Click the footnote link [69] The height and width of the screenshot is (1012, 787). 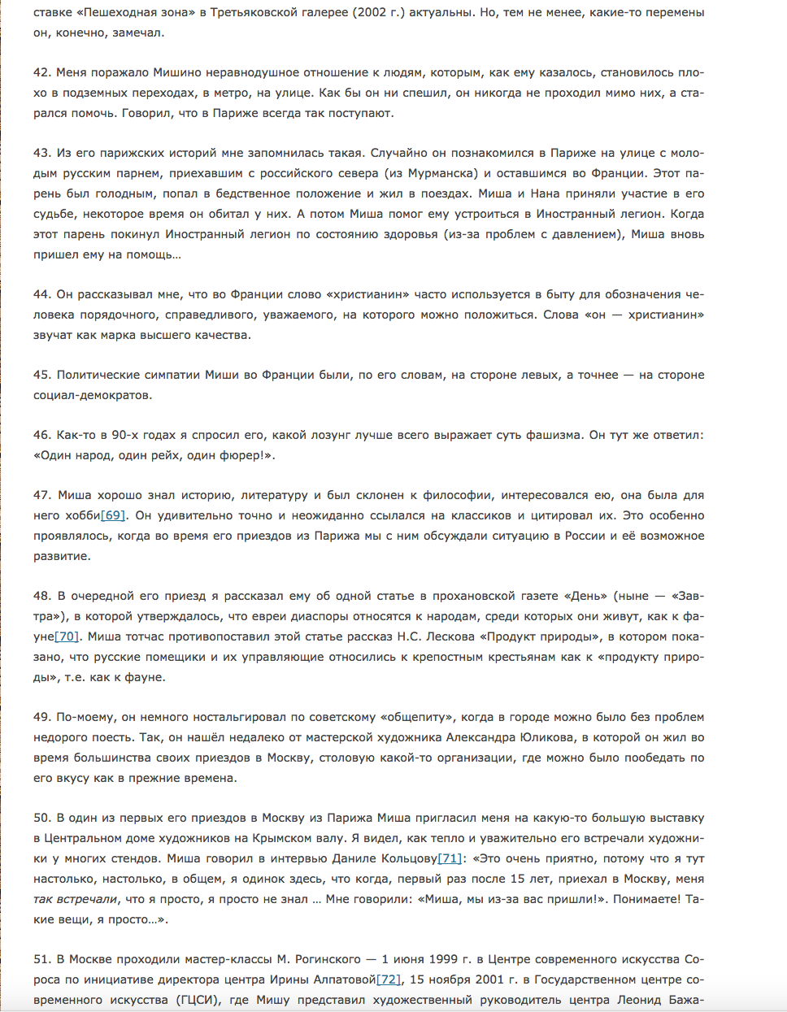(113, 515)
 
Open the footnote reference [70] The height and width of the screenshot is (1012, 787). (67, 636)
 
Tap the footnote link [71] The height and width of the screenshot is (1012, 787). (450, 858)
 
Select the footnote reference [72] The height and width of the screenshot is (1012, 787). (389, 979)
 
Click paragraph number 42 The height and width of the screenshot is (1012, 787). (41, 72)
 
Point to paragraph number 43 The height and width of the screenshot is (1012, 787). (41, 153)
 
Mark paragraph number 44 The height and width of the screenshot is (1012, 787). (41, 294)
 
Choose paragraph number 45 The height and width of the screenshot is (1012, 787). (41, 375)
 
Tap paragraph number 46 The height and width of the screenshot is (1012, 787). (41, 435)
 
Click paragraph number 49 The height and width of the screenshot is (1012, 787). (41, 717)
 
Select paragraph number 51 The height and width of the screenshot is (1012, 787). (41, 959)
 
